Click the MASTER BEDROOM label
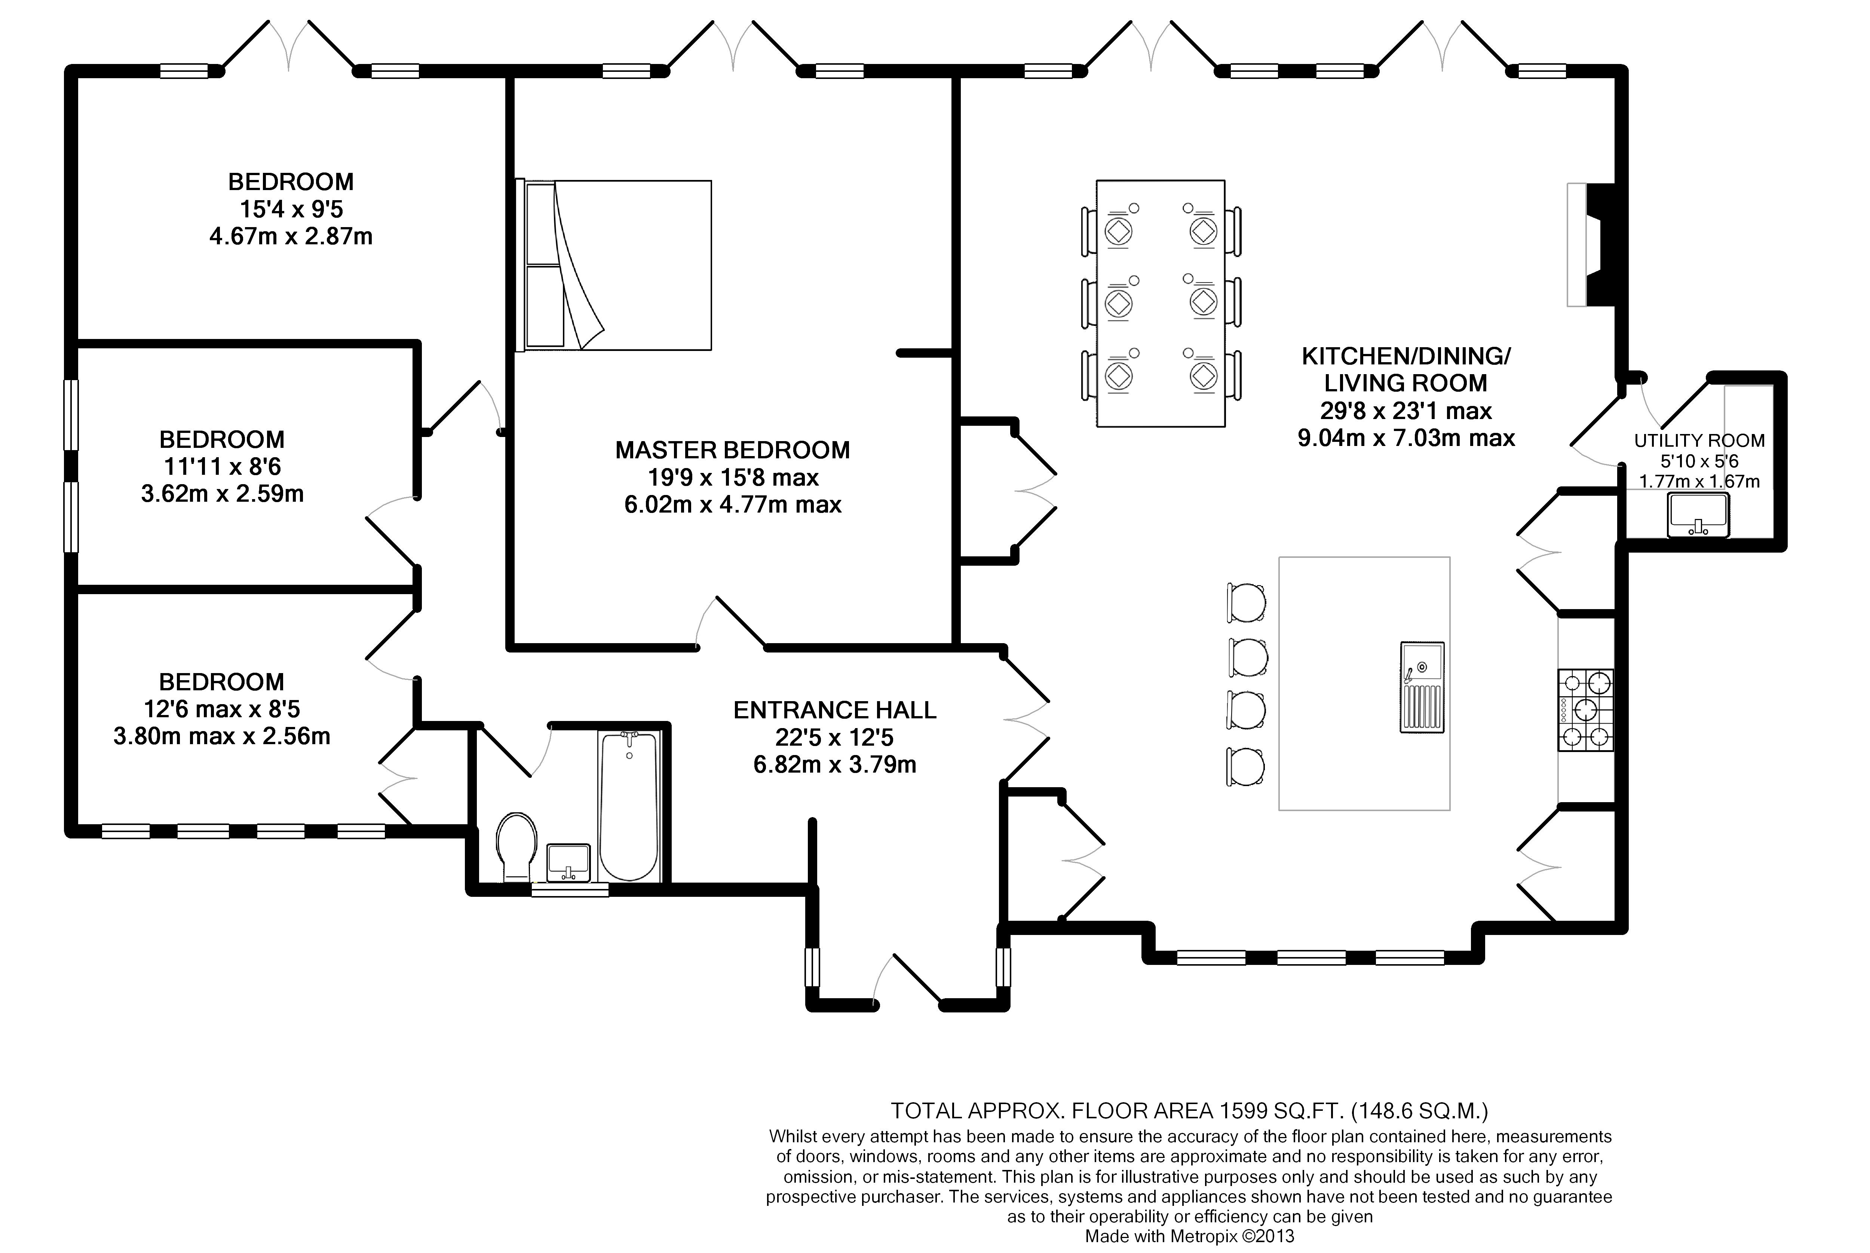733,450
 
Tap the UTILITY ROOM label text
1699,440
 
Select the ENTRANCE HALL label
835,710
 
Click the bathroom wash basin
569,862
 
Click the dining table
1161,304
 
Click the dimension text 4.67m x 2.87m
291,236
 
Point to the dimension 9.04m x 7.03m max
1406,438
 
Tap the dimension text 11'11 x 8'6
222,467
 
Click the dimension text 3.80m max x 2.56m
222,736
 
